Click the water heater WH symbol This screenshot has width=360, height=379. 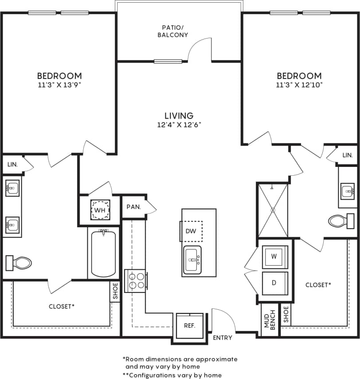pyautogui.click(x=100, y=209)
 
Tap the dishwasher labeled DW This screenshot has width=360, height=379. pyautogui.click(x=191, y=231)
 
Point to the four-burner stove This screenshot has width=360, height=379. pyautogui.click(x=136, y=280)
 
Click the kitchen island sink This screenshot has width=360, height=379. pyautogui.click(x=192, y=260)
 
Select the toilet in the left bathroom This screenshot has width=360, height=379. pyautogui.click(x=19, y=263)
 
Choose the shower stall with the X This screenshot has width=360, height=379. pyautogui.click(x=273, y=209)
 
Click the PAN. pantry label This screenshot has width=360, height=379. pyautogui.click(x=133, y=207)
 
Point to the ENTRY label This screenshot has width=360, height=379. pyautogui.click(x=223, y=338)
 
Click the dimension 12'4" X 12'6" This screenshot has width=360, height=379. pyautogui.click(x=179, y=125)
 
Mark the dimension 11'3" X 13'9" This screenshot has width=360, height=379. pyautogui.click(x=59, y=84)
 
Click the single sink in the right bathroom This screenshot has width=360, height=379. pyautogui.click(x=348, y=191)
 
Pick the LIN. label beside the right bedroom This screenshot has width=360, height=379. pyautogui.click(x=348, y=155)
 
